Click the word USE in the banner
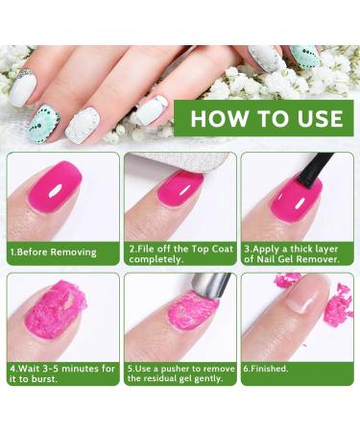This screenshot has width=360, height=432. point(316,120)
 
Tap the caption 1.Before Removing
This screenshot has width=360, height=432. point(54,252)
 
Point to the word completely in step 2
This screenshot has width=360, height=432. point(158,258)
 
